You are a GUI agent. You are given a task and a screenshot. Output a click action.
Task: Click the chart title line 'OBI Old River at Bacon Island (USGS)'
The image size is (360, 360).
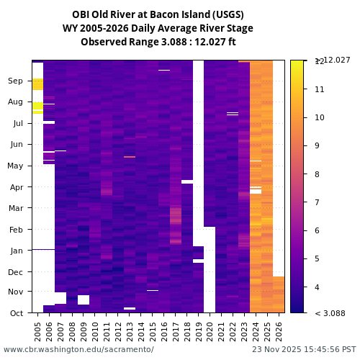tap(158, 14)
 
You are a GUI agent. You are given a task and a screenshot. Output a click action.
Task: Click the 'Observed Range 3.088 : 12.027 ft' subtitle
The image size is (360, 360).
tap(158, 42)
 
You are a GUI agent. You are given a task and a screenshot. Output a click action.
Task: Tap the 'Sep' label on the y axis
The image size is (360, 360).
tap(16, 81)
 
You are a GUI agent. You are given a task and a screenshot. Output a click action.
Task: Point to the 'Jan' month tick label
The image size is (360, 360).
tap(16, 251)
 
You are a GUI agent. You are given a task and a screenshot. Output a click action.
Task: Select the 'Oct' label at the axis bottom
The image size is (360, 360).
tap(16, 312)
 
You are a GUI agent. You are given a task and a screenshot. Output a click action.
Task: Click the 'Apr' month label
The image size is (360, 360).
tap(16, 187)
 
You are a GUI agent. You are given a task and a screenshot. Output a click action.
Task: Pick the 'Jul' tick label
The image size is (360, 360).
tap(16, 124)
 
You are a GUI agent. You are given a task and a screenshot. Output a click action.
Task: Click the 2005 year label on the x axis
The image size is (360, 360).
tap(37, 330)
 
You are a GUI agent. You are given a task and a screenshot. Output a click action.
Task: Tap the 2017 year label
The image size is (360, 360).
tap(175, 330)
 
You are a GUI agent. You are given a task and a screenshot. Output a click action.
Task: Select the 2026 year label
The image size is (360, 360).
tap(279, 330)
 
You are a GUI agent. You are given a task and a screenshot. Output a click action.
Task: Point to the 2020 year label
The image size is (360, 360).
tap(210, 330)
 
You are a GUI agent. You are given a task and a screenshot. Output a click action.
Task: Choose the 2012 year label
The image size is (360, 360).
tap(118, 330)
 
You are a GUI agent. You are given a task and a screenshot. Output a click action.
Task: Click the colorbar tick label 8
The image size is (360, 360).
tap(320, 174)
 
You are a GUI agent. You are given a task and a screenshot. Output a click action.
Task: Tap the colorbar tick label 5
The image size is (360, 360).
tap(320, 258)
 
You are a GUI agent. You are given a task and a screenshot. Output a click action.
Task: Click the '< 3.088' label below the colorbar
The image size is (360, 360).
tap(330, 313)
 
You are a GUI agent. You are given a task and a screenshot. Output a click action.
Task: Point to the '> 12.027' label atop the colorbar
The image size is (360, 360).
tap(333, 60)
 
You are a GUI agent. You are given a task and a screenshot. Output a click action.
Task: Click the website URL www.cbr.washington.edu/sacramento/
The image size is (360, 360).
tap(78, 350)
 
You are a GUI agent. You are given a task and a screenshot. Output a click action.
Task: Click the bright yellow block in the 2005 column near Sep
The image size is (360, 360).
tap(37, 84)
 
